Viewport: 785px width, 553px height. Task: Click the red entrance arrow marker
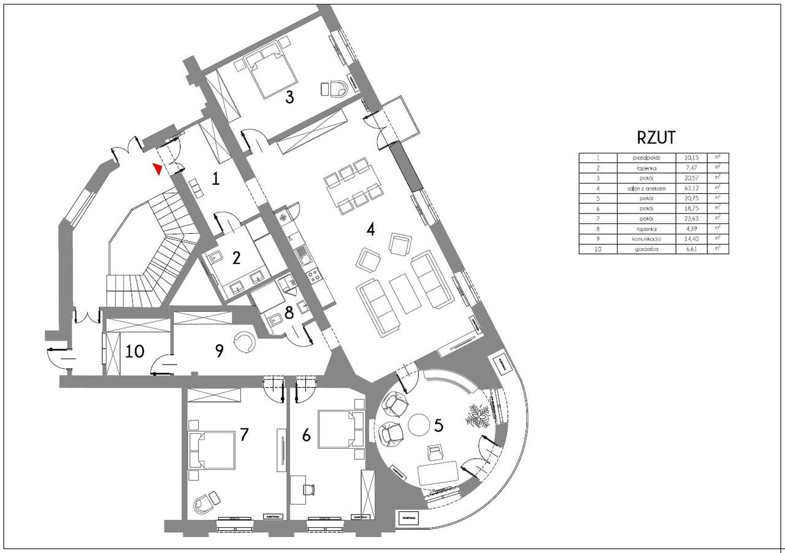(x=158, y=169)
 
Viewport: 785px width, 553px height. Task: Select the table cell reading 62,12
(x=691, y=188)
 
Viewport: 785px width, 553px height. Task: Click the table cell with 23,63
(x=691, y=218)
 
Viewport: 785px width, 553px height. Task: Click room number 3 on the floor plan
(x=289, y=96)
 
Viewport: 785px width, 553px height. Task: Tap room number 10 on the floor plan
(x=135, y=351)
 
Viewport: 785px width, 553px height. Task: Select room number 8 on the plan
(x=288, y=311)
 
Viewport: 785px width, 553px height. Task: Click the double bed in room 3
(x=271, y=74)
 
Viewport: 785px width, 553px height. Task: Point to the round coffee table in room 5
(x=420, y=425)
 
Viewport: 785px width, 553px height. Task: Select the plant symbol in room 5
(x=478, y=417)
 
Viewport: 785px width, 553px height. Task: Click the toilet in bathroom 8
(x=274, y=319)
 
